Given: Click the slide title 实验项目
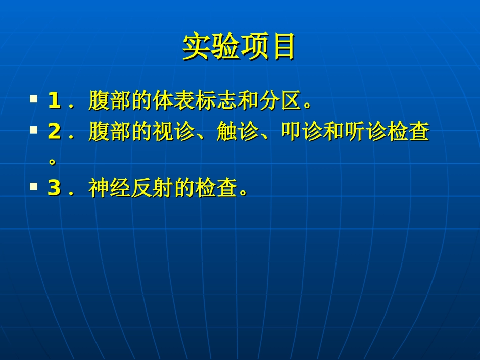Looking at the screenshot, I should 239,47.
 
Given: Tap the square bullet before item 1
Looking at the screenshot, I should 34,98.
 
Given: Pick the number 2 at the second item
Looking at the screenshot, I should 54,132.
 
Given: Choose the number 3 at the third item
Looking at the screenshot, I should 54,188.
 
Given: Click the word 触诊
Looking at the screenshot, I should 237,132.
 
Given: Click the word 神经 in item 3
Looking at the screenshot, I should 110,188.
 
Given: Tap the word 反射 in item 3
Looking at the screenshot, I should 152,188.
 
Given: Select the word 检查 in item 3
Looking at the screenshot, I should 216,188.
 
